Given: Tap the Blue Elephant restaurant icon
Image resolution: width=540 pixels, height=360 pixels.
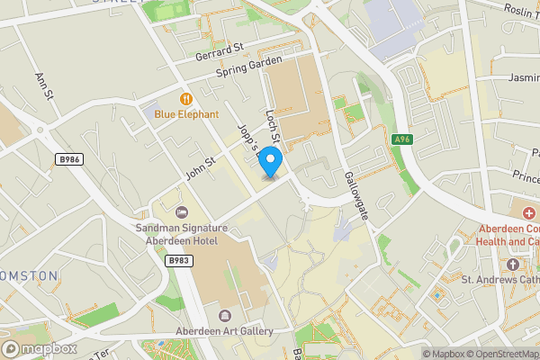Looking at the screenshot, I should pyautogui.click(x=186, y=98).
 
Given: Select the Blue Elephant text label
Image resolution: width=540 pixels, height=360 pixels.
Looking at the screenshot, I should pyautogui.click(x=186, y=114).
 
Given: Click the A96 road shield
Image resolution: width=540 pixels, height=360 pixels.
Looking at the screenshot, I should pyautogui.click(x=402, y=139).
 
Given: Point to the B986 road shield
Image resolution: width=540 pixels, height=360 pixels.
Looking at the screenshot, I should pyautogui.click(x=67, y=159).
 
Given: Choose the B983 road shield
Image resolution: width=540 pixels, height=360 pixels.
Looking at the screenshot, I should pyautogui.click(x=177, y=260).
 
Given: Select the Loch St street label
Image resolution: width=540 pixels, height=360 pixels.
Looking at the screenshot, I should pyautogui.click(x=274, y=126).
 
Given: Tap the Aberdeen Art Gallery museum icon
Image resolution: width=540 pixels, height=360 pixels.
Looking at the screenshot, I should pyautogui.click(x=224, y=316).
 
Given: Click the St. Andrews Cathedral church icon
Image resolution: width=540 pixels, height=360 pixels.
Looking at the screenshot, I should pyautogui.click(x=512, y=265).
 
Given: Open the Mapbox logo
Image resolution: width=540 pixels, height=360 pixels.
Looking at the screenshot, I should pyautogui.click(x=40, y=348).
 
